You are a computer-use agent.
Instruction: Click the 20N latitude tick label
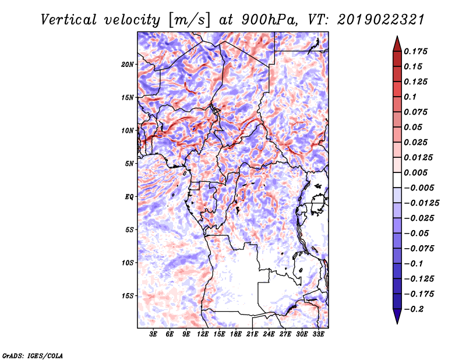(128, 65)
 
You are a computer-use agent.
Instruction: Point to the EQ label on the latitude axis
(129, 197)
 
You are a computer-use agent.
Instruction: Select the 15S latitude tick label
(128, 296)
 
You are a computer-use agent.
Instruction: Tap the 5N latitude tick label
(129, 164)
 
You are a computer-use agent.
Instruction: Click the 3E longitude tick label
(153, 334)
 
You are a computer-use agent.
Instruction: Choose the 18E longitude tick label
(236, 334)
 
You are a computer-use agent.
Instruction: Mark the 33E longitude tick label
(318, 334)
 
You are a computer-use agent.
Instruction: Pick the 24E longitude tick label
(269, 334)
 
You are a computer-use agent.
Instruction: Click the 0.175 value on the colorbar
(415, 51)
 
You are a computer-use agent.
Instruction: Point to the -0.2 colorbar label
(414, 309)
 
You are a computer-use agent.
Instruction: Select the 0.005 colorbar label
(415, 172)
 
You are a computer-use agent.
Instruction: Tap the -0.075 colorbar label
(419, 249)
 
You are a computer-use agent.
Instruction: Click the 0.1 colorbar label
(410, 97)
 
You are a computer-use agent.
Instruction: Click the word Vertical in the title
(69, 20)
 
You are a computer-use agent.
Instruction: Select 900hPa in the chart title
(269, 20)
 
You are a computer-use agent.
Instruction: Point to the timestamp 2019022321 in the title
(381, 20)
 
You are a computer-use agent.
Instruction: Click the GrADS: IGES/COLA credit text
(33, 356)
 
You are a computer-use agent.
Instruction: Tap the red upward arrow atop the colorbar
(397, 44)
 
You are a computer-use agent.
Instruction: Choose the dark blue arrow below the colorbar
(397, 316)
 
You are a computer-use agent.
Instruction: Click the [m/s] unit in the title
(189, 20)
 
